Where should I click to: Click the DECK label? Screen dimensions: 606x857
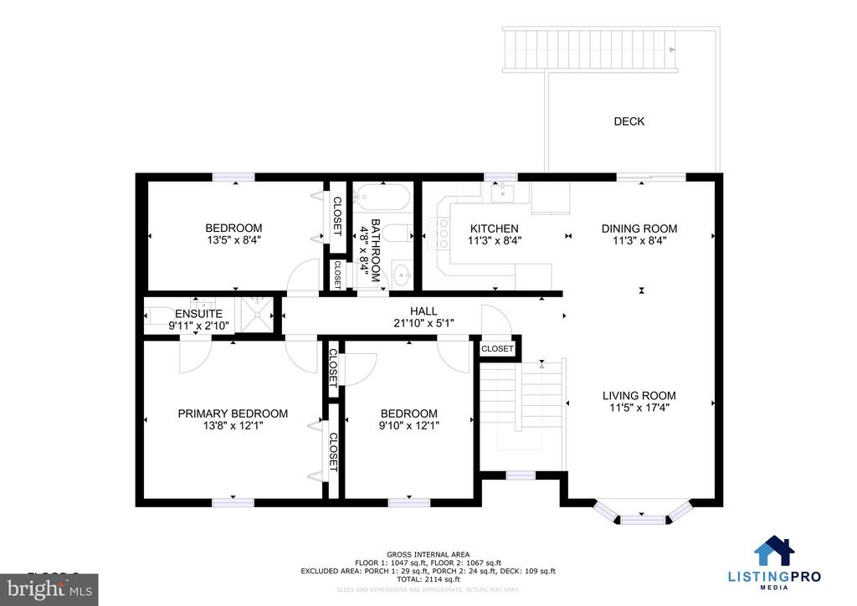click(x=629, y=121)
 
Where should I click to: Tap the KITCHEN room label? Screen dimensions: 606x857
click(x=494, y=229)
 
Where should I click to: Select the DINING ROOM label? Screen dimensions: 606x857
click(x=639, y=229)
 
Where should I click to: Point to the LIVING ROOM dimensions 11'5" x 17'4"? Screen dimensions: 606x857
click(x=639, y=408)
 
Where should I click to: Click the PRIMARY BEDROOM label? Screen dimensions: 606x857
click(x=233, y=413)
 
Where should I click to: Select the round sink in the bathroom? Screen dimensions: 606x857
click(x=402, y=272)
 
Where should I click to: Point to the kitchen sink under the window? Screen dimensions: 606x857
click(x=502, y=193)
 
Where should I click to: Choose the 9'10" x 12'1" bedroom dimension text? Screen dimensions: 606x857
click(x=408, y=425)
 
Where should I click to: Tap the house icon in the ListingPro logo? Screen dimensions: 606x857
click(x=774, y=552)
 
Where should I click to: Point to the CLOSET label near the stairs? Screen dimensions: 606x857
click(x=497, y=348)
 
